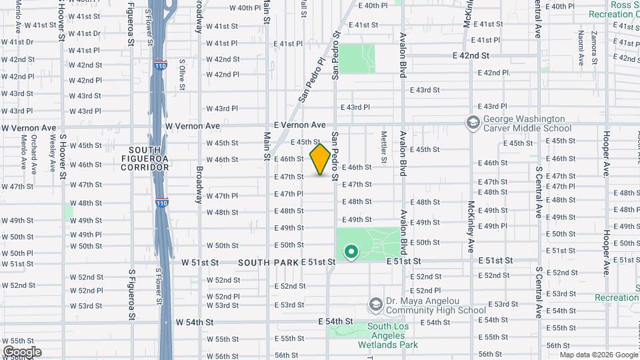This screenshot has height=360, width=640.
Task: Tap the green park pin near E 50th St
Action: tap(351, 252)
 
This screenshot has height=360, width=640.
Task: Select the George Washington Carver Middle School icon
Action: tap(473, 123)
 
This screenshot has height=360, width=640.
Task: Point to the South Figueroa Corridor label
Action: tap(145, 158)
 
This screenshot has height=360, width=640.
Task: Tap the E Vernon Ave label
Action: tap(299, 125)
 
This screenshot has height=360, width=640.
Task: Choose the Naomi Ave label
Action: tap(581, 47)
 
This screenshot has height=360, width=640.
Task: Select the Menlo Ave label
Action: tap(23, 152)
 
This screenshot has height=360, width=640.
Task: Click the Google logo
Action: tap(22, 352)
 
